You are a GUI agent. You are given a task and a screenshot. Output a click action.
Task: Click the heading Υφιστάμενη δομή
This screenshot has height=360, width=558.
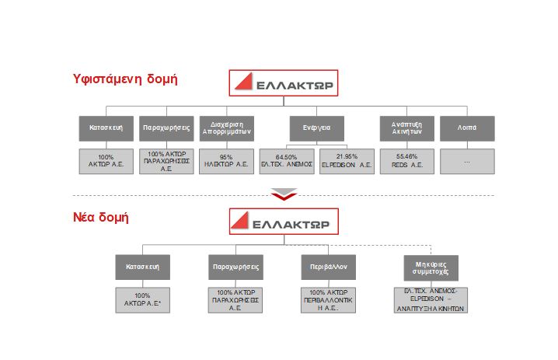pos(125,79)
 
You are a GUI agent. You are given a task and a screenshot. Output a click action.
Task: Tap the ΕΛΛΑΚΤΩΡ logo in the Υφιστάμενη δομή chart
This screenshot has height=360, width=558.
pos(284,83)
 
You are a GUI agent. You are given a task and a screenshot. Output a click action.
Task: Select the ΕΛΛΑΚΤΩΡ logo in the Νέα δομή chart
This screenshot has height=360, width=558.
pos(283,221)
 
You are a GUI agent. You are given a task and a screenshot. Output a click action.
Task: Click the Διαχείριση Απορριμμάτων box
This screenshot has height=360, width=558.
pos(226,128)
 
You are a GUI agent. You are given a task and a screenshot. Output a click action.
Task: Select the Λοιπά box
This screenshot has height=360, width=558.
pos(466,128)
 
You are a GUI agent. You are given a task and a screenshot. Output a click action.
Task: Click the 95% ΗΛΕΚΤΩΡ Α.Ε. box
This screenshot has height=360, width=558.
pos(226,161)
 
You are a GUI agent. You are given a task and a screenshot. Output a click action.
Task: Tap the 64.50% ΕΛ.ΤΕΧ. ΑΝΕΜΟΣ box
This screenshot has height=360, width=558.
pos(287,161)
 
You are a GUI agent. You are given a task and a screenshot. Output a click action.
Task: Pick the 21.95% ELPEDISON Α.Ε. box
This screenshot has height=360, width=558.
pos(347,161)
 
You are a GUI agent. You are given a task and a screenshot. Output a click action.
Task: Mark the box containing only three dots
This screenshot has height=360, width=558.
pos(466,161)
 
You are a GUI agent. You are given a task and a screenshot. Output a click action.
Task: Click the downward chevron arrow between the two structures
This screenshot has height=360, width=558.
pos(284,194)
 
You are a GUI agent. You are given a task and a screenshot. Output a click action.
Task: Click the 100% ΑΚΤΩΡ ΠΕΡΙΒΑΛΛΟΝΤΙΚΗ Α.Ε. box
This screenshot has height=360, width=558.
pos(329,299)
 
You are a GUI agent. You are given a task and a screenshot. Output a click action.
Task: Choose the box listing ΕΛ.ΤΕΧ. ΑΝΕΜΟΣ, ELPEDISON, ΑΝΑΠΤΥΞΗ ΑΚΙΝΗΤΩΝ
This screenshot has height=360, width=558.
pos(431,299)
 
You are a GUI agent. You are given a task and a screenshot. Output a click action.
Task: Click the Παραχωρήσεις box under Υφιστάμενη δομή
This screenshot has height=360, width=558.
pos(166,128)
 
